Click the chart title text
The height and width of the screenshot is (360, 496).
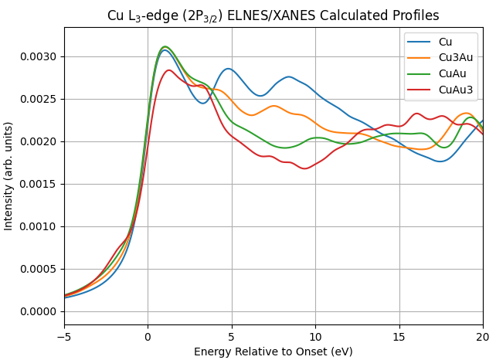click(273, 15)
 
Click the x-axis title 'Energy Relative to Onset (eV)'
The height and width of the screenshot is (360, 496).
click(273, 352)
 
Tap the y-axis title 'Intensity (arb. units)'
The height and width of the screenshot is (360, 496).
click(9, 175)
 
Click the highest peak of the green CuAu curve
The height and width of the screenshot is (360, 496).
click(165, 46)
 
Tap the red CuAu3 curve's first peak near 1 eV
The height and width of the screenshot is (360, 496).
click(168, 70)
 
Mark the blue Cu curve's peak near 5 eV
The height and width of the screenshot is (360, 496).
click(228, 69)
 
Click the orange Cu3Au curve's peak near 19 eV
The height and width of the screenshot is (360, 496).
click(466, 113)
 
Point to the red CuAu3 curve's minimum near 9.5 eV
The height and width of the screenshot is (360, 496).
click(305, 168)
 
